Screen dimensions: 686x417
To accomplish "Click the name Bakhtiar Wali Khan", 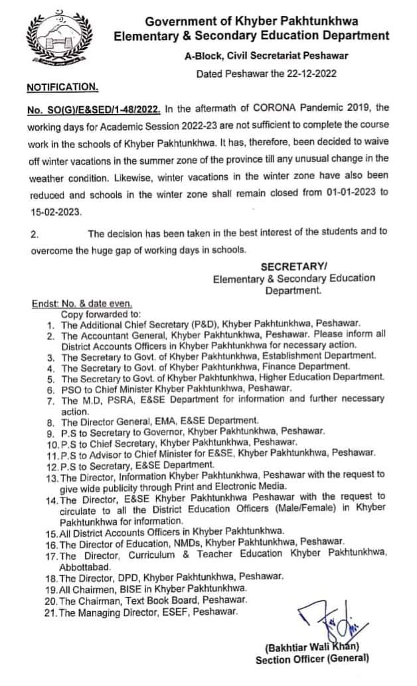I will tap(312, 647).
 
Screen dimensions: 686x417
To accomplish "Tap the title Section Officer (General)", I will tap(312, 659).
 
